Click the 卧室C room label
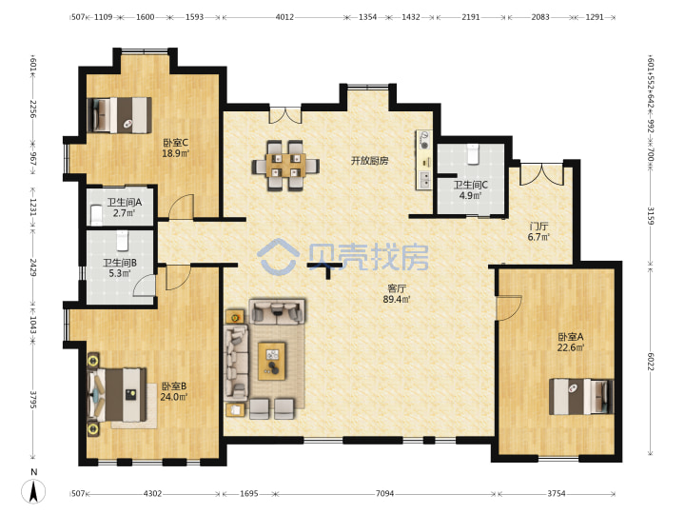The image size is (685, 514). pos(176,143)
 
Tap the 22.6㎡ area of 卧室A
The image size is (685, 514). pos(571,348)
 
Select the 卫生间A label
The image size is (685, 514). pos(125,203)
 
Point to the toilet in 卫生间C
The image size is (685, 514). pos(473,154)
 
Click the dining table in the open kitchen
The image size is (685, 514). pos(285,166)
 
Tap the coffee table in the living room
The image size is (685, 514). pos(272,361)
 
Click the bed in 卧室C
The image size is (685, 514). pos(119,115)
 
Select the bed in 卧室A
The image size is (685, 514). pos(581,396)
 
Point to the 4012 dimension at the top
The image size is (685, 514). pos(284,17)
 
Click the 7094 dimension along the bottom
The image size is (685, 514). pos(384,493)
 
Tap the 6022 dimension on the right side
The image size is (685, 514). pos(651,362)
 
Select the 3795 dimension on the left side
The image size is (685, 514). pos(33,400)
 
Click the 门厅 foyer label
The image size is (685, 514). pos(538,227)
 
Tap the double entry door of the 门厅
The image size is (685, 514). pos(541,174)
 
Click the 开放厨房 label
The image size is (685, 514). pos(369,161)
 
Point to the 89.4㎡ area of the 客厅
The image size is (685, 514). pos(396,300)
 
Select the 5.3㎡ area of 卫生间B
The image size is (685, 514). pos(120,273)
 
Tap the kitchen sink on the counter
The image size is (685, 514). pos(423,178)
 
